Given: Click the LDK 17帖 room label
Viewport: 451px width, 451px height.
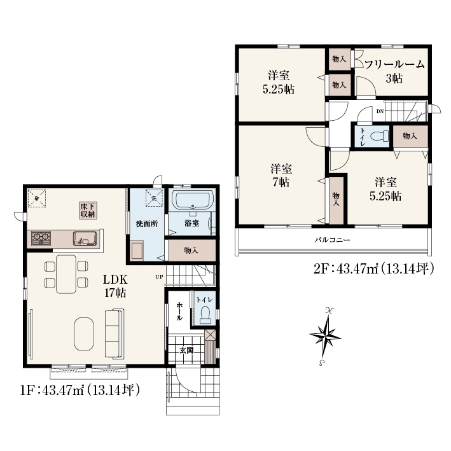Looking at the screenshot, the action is tap(115, 286).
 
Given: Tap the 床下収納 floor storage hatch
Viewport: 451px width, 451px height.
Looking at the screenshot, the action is tap(88, 211).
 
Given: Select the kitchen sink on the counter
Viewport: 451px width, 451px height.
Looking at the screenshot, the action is tap(85, 239).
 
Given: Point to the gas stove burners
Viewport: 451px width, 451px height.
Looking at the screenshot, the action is tap(41, 238).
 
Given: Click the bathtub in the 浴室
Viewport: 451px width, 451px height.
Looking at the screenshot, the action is tap(193, 201).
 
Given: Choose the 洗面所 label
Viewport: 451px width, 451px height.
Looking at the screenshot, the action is tap(147, 224).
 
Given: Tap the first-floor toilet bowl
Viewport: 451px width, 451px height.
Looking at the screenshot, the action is tap(205, 315).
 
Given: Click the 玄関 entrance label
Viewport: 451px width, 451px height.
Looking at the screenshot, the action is tap(186, 350).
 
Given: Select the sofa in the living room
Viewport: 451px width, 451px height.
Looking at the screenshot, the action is tap(114, 334).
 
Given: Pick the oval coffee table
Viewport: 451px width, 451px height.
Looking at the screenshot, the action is tap(84, 334).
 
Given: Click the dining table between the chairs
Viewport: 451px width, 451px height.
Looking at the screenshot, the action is tap(66, 274).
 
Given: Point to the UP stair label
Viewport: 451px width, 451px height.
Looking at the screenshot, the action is tap(159, 277).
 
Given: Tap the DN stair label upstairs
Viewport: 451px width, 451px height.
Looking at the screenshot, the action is tap(380, 111).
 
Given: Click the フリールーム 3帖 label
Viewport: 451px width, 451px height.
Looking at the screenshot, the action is tap(394, 71).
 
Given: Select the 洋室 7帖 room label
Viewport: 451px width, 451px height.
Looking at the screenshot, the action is tap(281, 176).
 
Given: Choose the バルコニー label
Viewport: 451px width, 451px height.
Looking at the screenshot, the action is tap(332, 240).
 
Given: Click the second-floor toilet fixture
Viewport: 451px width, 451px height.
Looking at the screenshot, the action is tap(379, 136).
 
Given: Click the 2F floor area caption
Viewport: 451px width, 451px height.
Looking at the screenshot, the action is tap(373, 269).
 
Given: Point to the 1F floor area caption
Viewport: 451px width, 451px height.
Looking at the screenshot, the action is tap(80, 391).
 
